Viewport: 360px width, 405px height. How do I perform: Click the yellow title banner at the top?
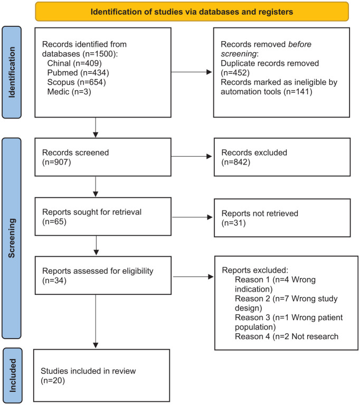[x=192, y=12]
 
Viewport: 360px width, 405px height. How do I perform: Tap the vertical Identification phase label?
[x=12, y=72]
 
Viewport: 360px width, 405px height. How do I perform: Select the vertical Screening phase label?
[x=12, y=238]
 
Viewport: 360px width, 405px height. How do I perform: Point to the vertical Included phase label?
[x=13, y=375]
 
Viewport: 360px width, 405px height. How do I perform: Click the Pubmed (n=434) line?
[x=78, y=73]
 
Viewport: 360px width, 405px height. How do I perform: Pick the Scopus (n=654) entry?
[x=77, y=82]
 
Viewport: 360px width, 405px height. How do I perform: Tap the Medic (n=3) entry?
[x=69, y=92]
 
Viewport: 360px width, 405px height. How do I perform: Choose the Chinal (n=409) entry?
[x=74, y=63]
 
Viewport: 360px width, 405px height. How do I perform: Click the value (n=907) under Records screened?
[x=56, y=162]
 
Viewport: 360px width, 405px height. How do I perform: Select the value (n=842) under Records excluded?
[x=236, y=162]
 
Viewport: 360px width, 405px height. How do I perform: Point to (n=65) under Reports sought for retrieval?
[x=54, y=221]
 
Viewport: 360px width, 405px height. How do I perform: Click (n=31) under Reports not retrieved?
[x=233, y=223]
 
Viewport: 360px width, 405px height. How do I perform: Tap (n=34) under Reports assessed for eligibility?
[x=54, y=281]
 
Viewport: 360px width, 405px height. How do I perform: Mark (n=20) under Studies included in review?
[x=53, y=380]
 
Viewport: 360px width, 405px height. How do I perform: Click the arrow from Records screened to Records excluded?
[x=192, y=156]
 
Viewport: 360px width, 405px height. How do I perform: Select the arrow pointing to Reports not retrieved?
[x=192, y=217]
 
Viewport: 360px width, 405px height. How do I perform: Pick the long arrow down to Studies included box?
[x=96, y=321]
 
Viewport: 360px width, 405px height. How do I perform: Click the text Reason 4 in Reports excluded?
[x=252, y=336]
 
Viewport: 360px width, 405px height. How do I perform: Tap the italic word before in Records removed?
[x=300, y=44]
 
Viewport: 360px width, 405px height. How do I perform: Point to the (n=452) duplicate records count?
[x=235, y=73]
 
